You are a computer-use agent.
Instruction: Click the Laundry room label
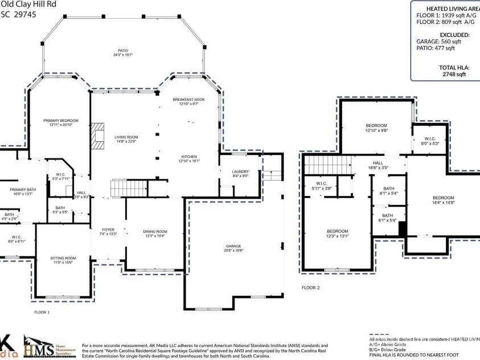click(240, 173)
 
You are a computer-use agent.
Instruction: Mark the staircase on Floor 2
click(323, 166)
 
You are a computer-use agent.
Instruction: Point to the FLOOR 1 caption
click(42, 312)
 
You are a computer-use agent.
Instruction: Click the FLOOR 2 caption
click(310, 288)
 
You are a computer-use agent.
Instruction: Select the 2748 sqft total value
click(454, 74)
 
